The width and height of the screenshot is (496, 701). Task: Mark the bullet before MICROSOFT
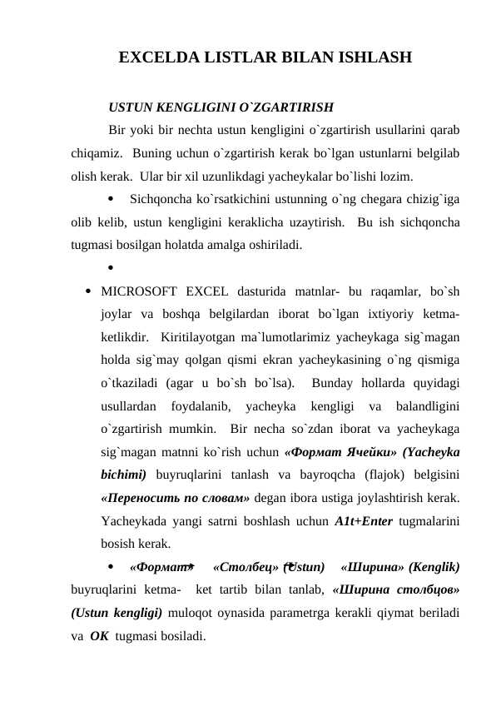point(87,292)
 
